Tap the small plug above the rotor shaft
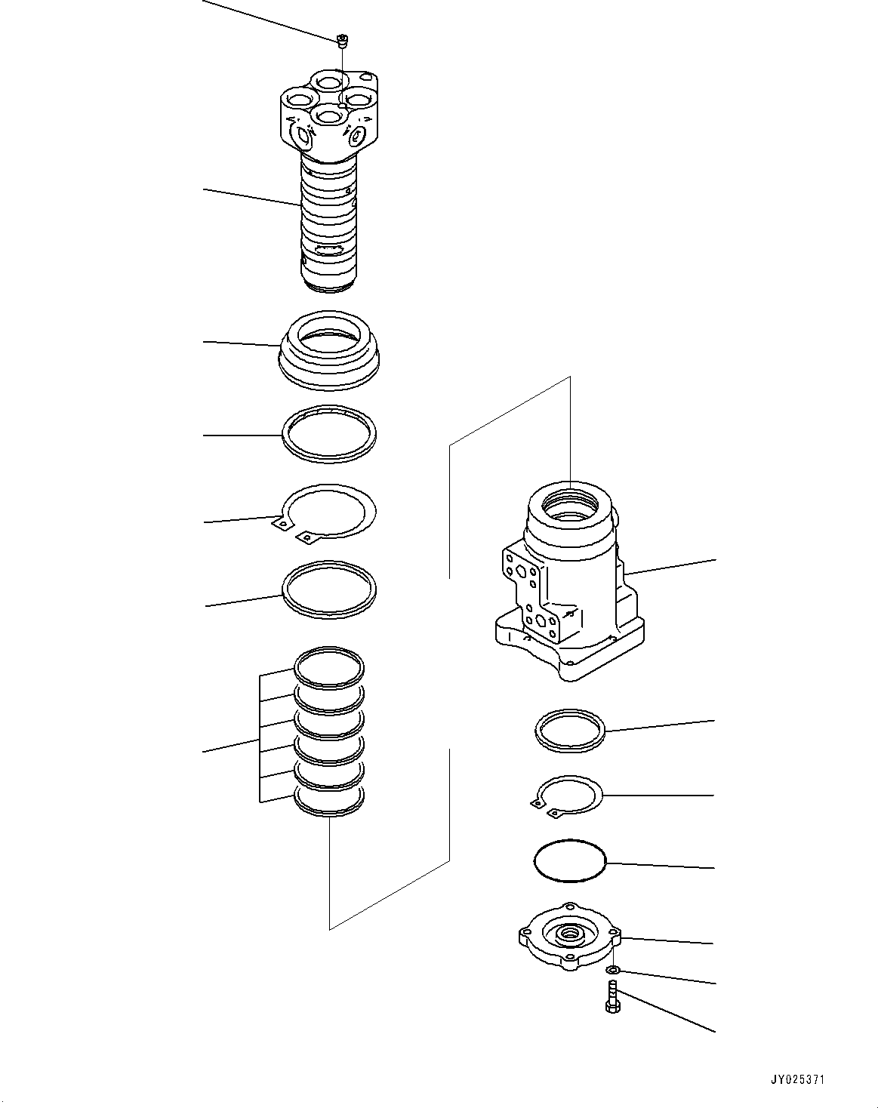pyautogui.click(x=342, y=40)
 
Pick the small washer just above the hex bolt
pyautogui.click(x=615, y=970)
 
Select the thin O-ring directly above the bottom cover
pyautogui.click(x=570, y=860)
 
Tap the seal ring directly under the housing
pyautogui.click(x=570, y=731)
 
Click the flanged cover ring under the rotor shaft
pyautogui.click(x=329, y=351)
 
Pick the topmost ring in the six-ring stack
pyautogui.click(x=329, y=666)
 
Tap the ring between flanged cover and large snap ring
pyautogui.click(x=329, y=435)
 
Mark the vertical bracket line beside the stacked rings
pyautogui.click(x=260, y=737)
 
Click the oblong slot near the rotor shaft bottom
pyautogui.click(x=328, y=251)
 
